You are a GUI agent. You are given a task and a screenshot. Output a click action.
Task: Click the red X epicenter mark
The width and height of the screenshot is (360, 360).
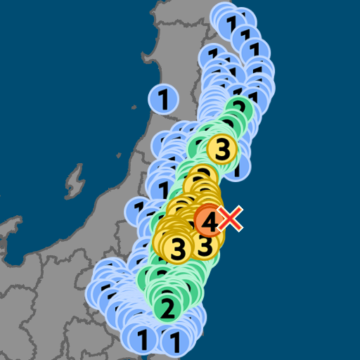(231, 219)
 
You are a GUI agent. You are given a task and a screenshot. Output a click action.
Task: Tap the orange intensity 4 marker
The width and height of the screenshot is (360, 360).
(210, 221)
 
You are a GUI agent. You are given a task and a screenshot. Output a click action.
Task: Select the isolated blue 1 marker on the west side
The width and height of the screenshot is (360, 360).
(163, 99)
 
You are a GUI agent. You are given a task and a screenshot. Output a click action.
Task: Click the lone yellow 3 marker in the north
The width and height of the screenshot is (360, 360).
(222, 148)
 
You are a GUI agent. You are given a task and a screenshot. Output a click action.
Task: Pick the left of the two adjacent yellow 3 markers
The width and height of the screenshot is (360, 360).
(178, 247)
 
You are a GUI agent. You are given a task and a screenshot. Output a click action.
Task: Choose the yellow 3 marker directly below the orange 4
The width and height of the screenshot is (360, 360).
(205, 245)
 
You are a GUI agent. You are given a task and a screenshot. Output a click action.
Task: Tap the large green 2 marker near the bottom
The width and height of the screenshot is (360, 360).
(167, 307)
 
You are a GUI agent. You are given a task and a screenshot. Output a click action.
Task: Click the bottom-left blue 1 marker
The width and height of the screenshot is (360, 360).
(143, 340)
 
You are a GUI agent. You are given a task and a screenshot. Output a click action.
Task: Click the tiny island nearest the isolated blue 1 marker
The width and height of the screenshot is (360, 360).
(134, 107)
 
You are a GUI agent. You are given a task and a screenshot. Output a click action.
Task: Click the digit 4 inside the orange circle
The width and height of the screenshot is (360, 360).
(210, 221)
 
